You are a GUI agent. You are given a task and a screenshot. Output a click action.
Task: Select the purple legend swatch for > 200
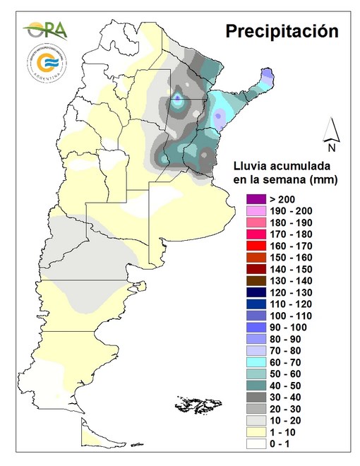click(251, 199)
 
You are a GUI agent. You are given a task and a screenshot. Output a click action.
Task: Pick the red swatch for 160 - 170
click(251, 245)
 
